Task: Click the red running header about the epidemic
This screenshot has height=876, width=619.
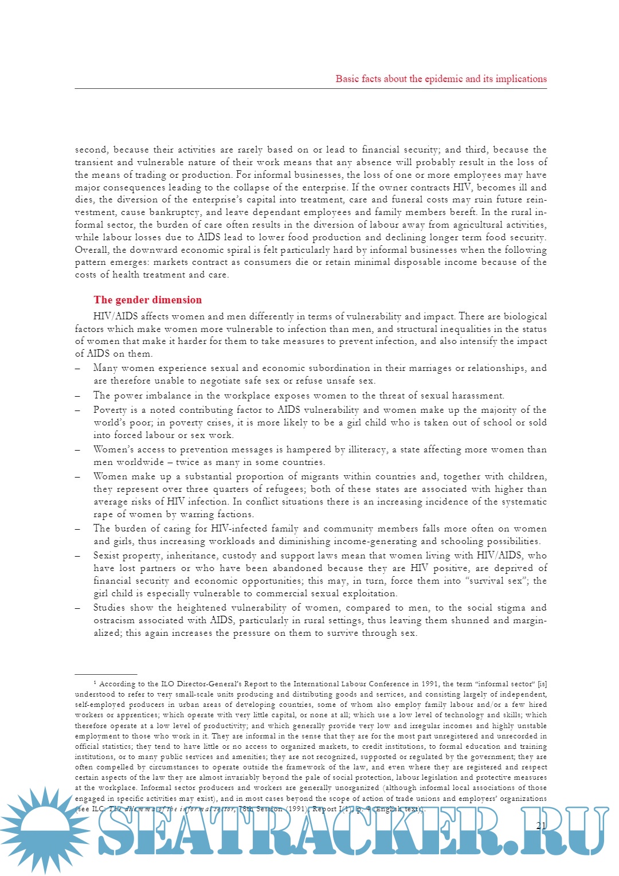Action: pyautogui.click(x=441, y=79)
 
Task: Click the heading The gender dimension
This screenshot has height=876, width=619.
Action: pyautogui.click(x=148, y=300)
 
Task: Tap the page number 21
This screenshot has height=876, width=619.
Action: pyautogui.click(x=541, y=826)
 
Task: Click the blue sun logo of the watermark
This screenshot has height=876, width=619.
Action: pyautogui.click(x=43, y=830)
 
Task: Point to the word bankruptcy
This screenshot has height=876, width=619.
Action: pyautogui.click(x=175, y=212)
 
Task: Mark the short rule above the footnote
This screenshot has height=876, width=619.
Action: pyautogui.click(x=106, y=675)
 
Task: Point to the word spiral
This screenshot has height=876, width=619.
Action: pyautogui.click(x=234, y=250)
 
